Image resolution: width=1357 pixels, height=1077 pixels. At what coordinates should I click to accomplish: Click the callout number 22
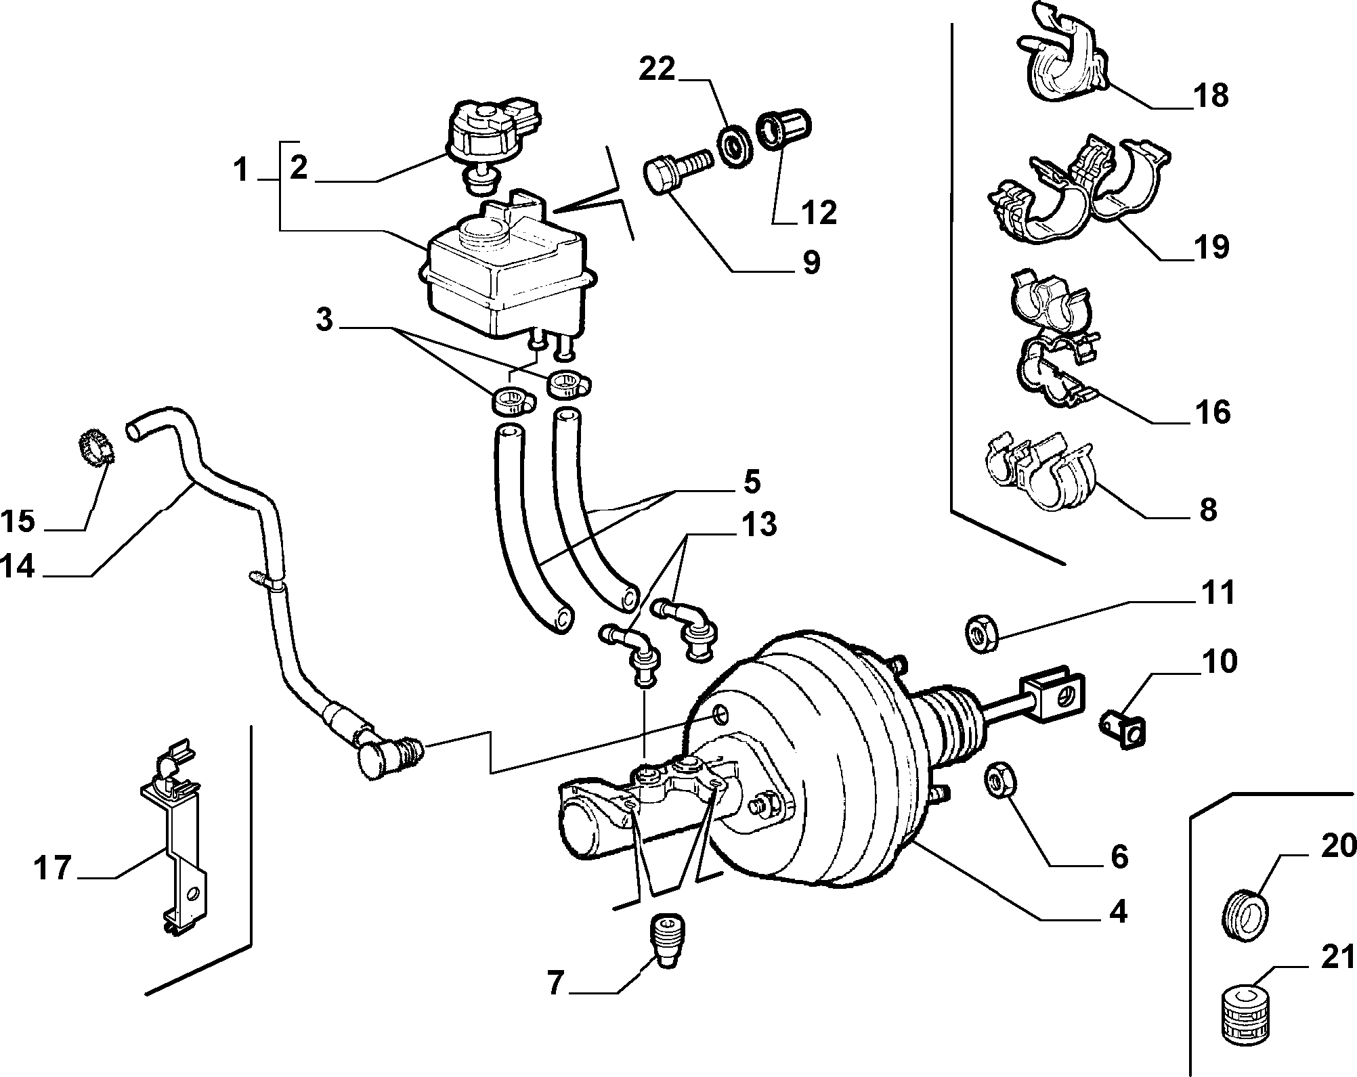coord(657,69)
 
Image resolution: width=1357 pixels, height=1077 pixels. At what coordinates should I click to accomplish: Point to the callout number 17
coord(53,869)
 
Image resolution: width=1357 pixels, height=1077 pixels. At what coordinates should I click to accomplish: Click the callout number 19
coord(1211,246)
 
